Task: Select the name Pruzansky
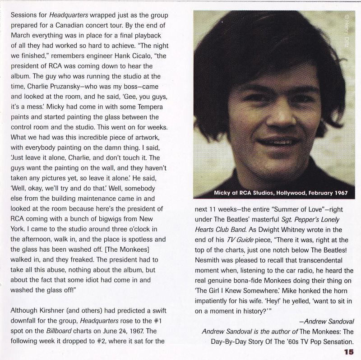[83, 83]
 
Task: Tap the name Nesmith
[208, 261]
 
